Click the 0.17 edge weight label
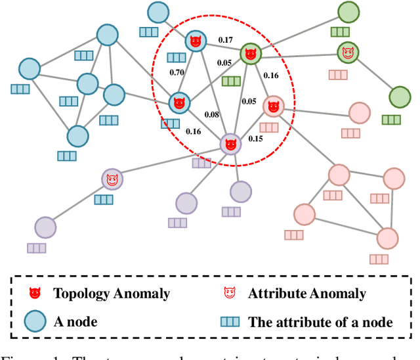tap(226, 40)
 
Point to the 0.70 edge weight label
tap(175, 72)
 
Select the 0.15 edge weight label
tap(255, 139)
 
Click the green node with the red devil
tap(250, 54)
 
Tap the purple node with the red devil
tap(230, 144)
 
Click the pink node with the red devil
tap(273, 106)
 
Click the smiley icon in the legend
tap(230, 294)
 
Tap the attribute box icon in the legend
tap(230, 322)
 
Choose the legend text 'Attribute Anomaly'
tap(307, 294)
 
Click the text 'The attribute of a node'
tap(320, 323)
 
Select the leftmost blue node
tap(29, 68)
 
